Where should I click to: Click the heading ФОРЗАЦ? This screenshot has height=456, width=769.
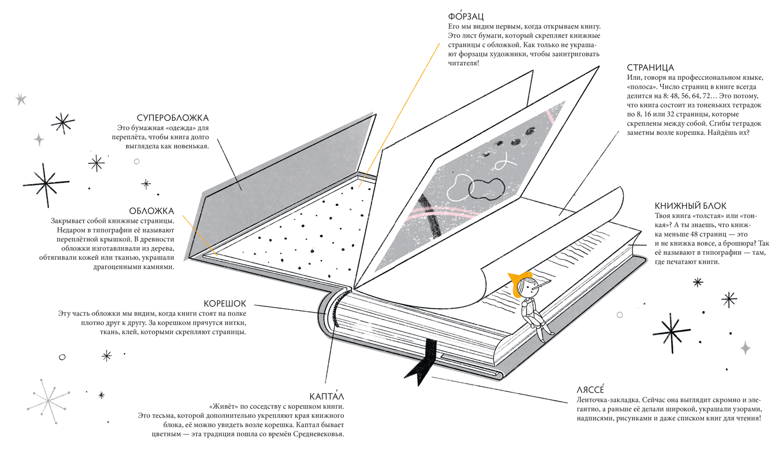(x=461, y=16)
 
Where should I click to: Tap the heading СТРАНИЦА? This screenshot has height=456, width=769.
(x=650, y=68)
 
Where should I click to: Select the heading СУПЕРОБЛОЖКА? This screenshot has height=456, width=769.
(x=172, y=118)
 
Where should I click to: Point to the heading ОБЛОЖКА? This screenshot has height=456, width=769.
(x=152, y=211)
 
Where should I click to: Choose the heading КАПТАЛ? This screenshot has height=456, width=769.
(x=327, y=396)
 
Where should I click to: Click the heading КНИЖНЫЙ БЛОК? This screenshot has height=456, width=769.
(x=690, y=205)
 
